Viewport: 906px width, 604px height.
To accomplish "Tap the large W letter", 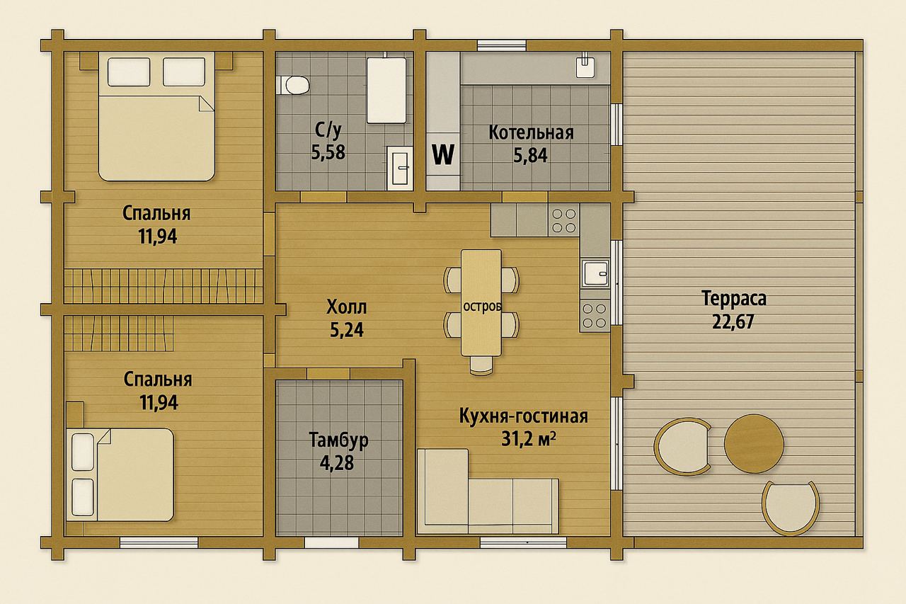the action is tap(443, 154).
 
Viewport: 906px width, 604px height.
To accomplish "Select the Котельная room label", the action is tap(531, 132).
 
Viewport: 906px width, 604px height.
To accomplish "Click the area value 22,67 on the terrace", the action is tap(733, 321).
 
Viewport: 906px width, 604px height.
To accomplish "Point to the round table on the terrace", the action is tap(754, 443).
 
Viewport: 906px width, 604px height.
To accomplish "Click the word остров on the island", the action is tap(482, 306).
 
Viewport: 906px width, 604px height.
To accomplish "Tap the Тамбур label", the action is tap(338, 440).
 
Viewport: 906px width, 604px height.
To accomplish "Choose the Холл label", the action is tap(347, 307).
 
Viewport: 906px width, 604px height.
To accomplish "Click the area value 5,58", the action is tap(328, 152).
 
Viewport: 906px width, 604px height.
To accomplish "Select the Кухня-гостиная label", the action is tap(523, 416).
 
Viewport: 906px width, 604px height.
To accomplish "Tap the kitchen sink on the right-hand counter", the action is tap(595, 273).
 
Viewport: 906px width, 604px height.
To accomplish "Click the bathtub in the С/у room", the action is tap(386, 90).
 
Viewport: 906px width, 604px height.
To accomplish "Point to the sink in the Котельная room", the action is tap(585, 66).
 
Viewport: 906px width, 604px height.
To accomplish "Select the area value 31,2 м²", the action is tap(528, 439).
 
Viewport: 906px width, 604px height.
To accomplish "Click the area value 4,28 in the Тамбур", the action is tap(337, 463).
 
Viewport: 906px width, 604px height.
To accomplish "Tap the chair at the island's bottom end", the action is tap(482, 365).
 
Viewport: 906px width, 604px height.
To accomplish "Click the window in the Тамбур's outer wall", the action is tap(332, 542).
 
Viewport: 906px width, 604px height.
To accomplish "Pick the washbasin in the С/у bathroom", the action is tap(400, 168).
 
